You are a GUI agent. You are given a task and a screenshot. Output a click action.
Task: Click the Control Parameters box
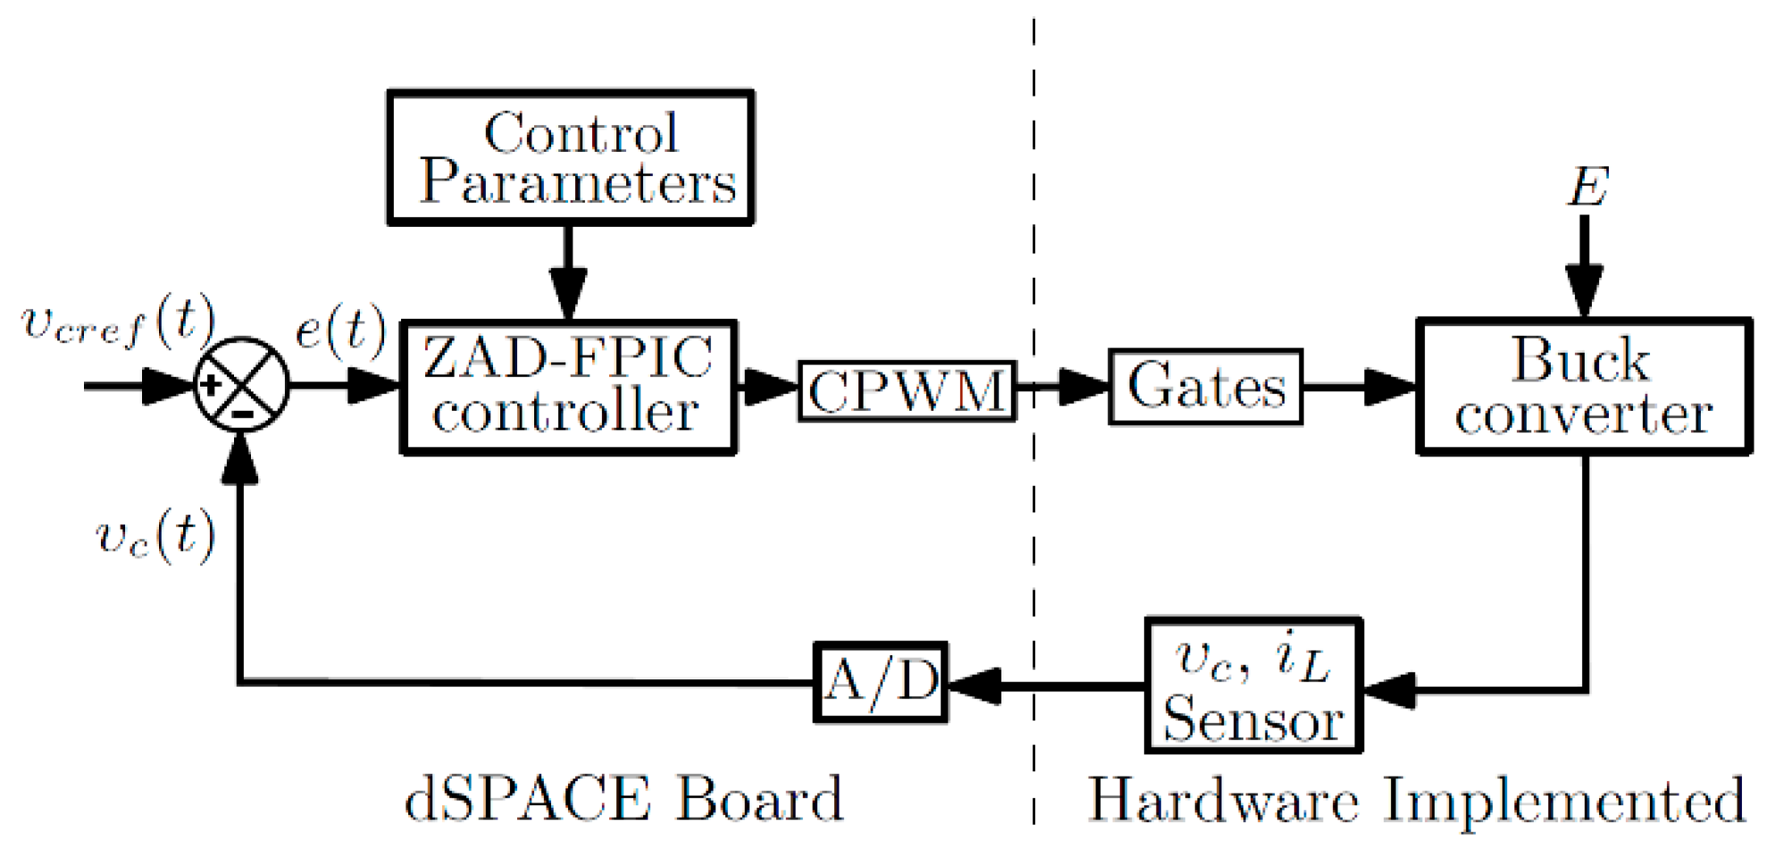570,157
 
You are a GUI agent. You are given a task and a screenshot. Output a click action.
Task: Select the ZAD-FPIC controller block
568,387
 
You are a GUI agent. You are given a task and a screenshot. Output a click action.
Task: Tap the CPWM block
906,390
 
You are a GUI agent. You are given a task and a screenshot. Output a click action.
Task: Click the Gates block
1205,387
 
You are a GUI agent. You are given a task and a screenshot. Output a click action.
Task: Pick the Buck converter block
1583,387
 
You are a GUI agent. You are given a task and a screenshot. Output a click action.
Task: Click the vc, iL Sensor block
1252,686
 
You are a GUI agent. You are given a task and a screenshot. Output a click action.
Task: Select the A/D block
881,682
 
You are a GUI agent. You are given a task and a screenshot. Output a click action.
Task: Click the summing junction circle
241,385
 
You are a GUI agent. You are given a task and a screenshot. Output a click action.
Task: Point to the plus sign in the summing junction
212,385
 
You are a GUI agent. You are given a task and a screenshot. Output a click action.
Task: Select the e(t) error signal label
339,329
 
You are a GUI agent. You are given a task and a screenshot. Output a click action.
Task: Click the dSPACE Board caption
624,798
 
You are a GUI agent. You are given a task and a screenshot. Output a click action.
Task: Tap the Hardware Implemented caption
1416,800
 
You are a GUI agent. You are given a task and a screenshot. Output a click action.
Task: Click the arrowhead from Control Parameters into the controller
568,289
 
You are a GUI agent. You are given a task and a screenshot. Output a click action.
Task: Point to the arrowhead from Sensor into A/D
974,686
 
